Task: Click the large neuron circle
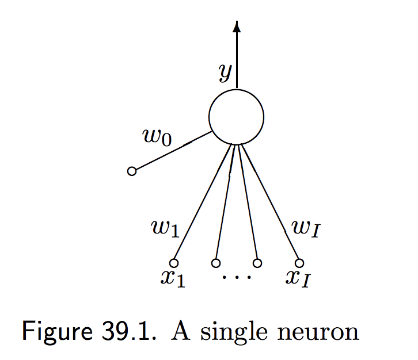click(x=236, y=117)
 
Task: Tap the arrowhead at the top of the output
click(x=236, y=26)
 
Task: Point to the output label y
click(x=225, y=72)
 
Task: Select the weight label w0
click(x=157, y=137)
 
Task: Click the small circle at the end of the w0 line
click(x=132, y=171)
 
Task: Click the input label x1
click(x=173, y=279)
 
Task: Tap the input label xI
click(x=299, y=279)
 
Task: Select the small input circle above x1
click(x=174, y=263)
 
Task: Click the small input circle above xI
click(x=299, y=263)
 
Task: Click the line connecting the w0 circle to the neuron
click(x=173, y=151)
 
